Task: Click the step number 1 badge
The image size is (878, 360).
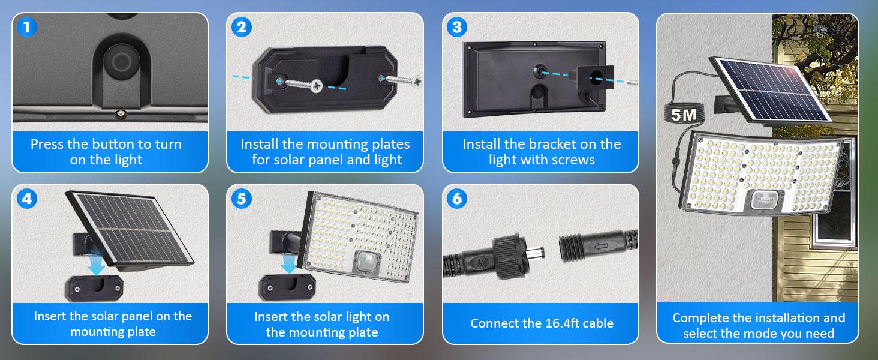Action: coord(25,27)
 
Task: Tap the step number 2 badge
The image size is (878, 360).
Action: coord(241,27)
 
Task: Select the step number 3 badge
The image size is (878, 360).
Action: coord(457,27)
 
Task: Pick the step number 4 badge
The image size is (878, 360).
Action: coord(25,199)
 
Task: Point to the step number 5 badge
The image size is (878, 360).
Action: coord(241,199)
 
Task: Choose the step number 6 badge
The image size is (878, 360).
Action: coord(457,199)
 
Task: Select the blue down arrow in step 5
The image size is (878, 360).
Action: coord(290,265)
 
